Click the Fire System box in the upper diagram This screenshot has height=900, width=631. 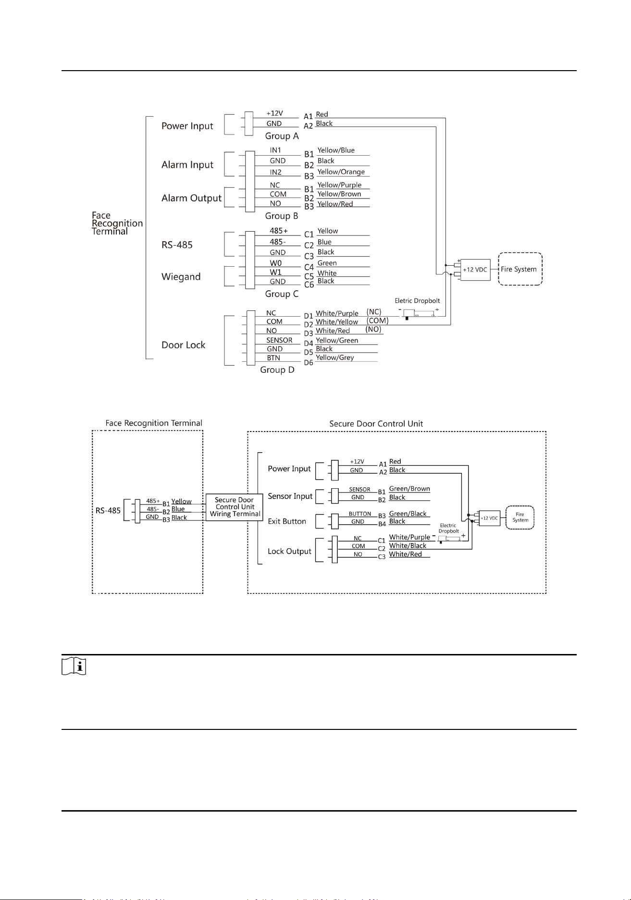[x=520, y=269]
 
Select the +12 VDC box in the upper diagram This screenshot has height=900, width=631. [x=475, y=270]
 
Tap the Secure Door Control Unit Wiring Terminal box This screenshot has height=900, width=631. [x=235, y=507]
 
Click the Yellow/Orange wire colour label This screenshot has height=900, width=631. [x=341, y=172]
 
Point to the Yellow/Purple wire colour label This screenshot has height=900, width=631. [x=339, y=185]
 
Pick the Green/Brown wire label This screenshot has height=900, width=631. [x=409, y=489]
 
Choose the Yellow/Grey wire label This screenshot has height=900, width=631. [x=335, y=358]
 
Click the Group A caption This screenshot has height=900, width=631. [x=282, y=136]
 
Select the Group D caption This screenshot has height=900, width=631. [x=277, y=370]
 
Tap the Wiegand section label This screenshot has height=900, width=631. [x=181, y=277]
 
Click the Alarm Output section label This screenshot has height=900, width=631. [x=192, y=198]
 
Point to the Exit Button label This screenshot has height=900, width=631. [x=287, y=521]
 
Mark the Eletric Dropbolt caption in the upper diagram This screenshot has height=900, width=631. [x=417, y=301]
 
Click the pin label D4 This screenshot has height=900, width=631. [x=309, y=343]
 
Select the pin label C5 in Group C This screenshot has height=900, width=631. [x=309, y=276]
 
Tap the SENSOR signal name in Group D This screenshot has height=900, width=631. [x=280, y=340]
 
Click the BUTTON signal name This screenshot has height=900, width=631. [x=360, y=514]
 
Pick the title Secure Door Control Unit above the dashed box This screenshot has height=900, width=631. [x=376, y=424]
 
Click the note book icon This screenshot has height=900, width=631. [x=74, y=667]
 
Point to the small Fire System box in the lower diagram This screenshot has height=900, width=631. [x=520, y=518]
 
